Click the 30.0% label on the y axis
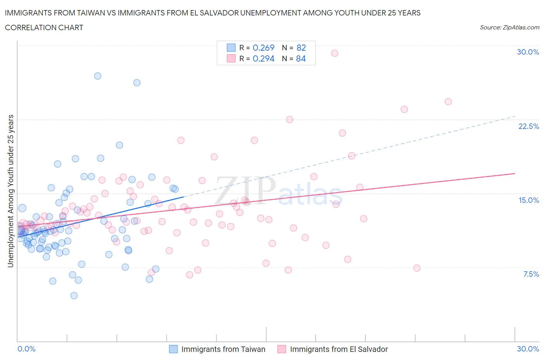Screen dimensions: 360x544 pos(528,52)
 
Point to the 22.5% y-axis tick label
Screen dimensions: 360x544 pos(529,126)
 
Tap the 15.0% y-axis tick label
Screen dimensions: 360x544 pos(529,200)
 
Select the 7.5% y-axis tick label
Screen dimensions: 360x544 pos(531,274)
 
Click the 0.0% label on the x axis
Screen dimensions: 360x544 pos(26,349)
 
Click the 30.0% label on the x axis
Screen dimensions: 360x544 pos(528,349)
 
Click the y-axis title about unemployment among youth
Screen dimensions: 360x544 pos(10,191)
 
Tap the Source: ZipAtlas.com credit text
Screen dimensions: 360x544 pos(509,27)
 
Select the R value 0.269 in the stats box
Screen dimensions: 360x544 pos(263,48)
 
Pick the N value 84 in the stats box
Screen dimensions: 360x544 pos(301,58)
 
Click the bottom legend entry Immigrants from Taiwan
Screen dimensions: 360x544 pos(223,349)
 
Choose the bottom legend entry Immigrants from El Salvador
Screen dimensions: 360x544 pos(339,349)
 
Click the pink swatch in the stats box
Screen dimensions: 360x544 pos(231,58)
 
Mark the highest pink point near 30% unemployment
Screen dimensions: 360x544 pos(335,53)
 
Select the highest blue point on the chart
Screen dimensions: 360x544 pos(98,76)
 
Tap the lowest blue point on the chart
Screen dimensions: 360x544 pos(74,296)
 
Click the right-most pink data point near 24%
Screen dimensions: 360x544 pos(448,102)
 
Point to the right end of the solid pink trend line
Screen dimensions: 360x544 pos(515,173)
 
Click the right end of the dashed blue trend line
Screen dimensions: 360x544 pos(515,116)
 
